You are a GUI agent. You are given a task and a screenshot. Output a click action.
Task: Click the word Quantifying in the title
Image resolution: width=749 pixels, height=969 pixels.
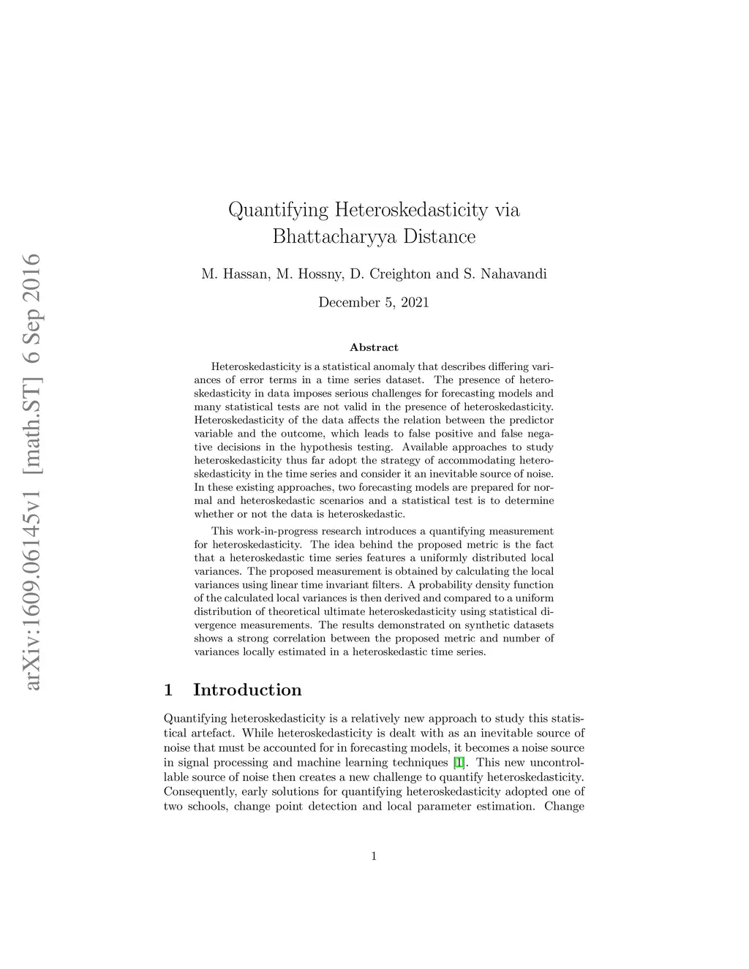[279, 211]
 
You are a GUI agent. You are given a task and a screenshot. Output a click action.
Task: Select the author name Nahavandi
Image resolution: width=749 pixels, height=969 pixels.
[513, 274]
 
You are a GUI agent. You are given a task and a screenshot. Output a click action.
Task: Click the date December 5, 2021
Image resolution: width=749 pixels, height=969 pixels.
[374, 302]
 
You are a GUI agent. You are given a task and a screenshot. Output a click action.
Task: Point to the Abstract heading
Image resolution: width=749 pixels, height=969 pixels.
[374, 347]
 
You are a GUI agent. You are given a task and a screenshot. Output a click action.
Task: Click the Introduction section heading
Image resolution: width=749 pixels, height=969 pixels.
[247, 690]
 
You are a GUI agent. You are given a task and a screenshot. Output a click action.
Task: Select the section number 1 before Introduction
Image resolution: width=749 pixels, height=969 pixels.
[169, 690]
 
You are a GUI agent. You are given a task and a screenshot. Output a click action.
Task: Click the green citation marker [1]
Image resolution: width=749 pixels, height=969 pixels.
[459, 762]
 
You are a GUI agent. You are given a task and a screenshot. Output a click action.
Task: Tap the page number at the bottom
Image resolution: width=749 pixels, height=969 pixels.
[374, 856]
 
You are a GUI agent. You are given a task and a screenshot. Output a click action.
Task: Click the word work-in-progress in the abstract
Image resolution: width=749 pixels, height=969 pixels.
[274, 531]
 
